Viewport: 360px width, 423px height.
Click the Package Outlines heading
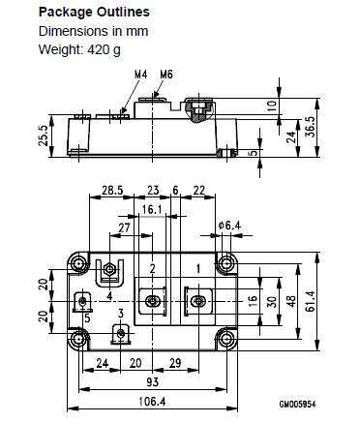(94, 13)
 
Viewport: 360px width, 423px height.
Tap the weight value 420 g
(104, 49)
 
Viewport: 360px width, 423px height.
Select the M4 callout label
(140, 75)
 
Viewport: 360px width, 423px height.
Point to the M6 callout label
(166, 75)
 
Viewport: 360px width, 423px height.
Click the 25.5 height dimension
(44, 136)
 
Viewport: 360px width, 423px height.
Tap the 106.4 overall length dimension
(152, 402)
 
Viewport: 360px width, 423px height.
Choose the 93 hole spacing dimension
(152, 382)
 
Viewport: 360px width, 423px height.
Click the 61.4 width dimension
(310, 301)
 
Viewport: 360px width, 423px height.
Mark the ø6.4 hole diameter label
(229, 226)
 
